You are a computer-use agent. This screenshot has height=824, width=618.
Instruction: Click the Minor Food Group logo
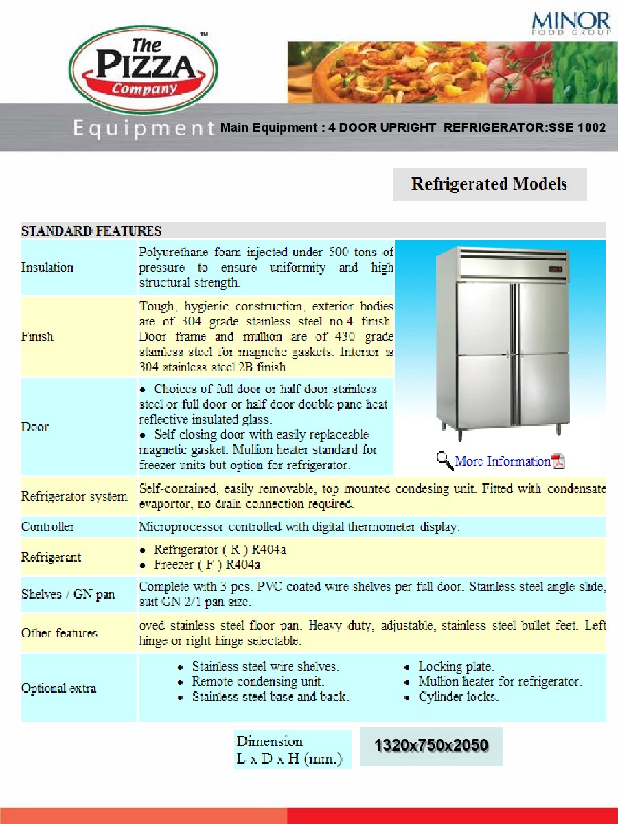(571, 23)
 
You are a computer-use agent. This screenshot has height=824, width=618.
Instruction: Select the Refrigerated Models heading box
(489, 184)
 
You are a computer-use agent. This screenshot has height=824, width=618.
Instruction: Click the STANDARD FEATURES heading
(91, 231)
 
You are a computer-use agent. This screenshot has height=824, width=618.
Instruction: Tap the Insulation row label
(47, 267)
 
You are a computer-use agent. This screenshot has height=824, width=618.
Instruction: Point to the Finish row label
(37, 336)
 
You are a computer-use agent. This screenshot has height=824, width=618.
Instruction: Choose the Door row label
(35, 426)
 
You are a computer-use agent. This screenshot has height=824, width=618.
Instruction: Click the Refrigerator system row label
(74, 496)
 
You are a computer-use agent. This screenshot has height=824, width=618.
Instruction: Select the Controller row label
(47, 527)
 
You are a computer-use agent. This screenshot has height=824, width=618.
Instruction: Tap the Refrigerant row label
(51, 557)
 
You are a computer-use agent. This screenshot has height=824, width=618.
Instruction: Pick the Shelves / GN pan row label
(68, 594)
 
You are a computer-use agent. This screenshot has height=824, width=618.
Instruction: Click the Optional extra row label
(58, 688)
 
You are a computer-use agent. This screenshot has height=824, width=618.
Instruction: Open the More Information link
(503, 461)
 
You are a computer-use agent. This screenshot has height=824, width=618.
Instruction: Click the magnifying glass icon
(445, 460)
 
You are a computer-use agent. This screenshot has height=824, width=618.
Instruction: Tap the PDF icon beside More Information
(558, 461)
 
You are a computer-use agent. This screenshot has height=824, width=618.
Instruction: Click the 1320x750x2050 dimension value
(431, 746)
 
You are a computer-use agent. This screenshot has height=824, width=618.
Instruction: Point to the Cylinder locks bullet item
(458, 697)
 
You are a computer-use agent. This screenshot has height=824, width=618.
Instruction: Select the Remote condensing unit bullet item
(257, 682)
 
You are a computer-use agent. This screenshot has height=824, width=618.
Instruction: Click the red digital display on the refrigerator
(556, 268)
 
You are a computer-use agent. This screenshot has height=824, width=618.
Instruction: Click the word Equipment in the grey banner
(144, 128)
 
